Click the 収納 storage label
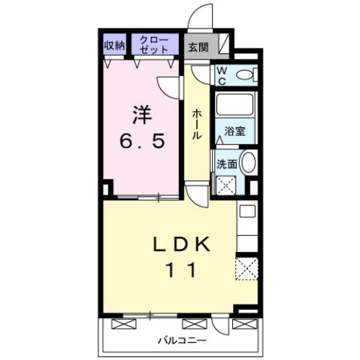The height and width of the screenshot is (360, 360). pos(114,44)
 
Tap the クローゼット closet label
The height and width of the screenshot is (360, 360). pos(156,44)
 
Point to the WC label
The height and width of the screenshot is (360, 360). pos(223,74)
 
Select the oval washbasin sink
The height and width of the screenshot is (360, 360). pos(248,162)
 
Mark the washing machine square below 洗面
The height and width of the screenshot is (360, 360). pos(226,185)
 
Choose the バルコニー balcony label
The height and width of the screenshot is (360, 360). pos(180,340)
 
